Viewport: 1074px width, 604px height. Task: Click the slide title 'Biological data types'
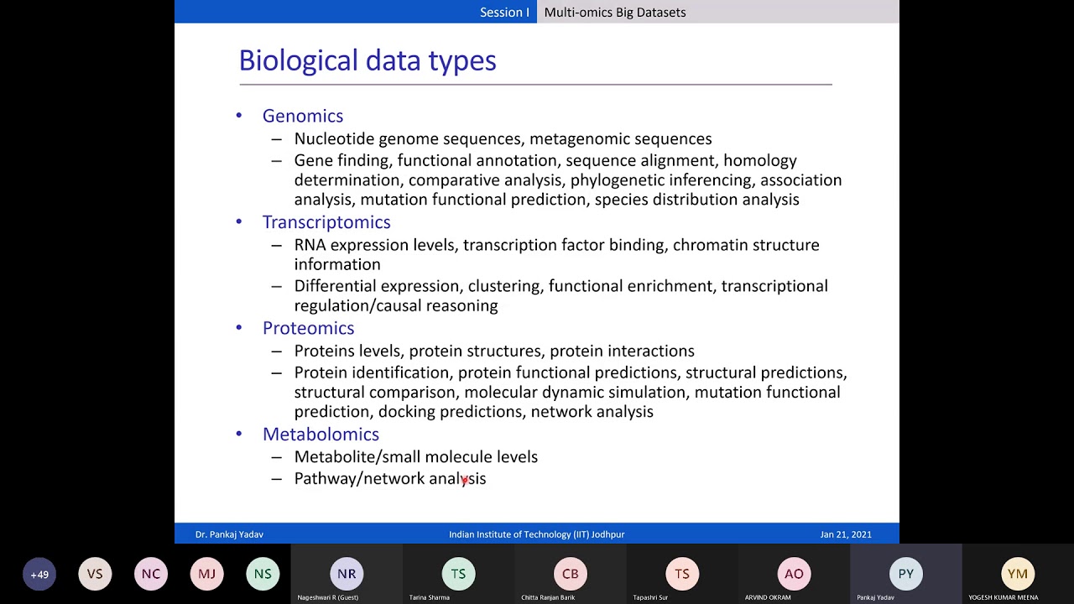[368, 60]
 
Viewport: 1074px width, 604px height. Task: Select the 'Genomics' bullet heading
[302, 116]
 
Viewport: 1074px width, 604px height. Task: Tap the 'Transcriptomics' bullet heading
[326, 222]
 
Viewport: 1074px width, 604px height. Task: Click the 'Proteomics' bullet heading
[308, 328]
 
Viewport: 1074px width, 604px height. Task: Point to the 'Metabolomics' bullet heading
[321, 434]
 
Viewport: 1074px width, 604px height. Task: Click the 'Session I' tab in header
[504, 12]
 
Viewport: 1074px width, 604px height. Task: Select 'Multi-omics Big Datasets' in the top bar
[614, 12]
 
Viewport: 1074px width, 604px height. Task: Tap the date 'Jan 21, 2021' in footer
[846, 534]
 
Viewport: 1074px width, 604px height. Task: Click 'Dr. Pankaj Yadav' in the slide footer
[229, 534]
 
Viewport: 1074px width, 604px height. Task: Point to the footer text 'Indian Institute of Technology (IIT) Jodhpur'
[536, 534]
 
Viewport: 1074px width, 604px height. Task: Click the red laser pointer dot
[464, 481]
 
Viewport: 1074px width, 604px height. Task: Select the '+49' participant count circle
[39, 575]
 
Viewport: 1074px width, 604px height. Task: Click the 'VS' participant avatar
[95, 575]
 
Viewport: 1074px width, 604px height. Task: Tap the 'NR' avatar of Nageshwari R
[347, 574]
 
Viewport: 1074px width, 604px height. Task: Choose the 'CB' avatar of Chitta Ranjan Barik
[570, 574]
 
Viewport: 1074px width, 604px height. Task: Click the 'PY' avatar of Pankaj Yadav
[905, 574]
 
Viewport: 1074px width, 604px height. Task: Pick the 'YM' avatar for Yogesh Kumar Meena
[1017, 574]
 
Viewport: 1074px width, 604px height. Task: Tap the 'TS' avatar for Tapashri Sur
[682, 574]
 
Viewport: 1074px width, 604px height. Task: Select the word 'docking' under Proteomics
[406, 412]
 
